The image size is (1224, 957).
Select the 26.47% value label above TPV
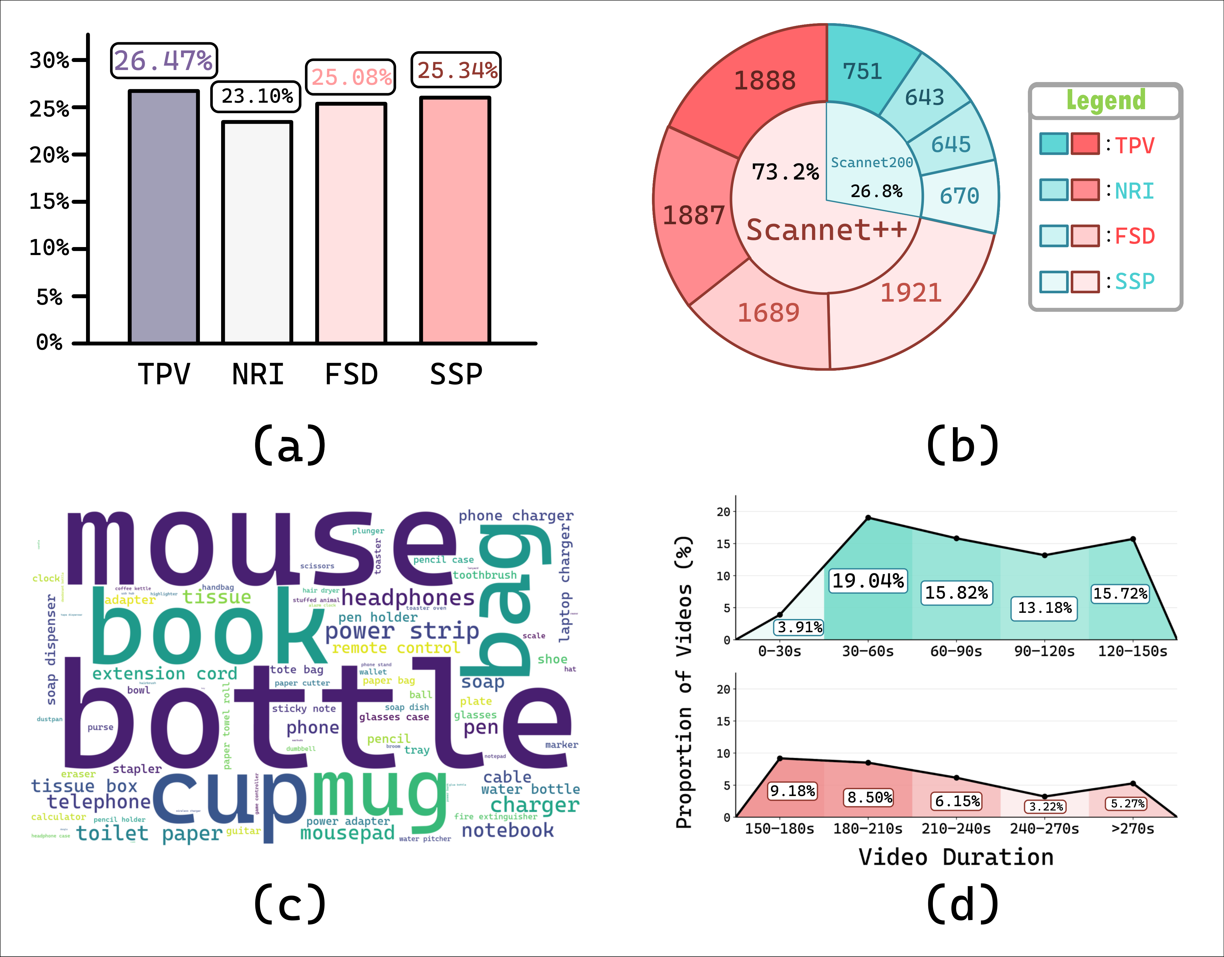click(164, 60)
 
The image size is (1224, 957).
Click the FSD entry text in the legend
click(1134, 236)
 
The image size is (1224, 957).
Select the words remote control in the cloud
click(396, 648)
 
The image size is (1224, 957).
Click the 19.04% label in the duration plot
click(868, 581)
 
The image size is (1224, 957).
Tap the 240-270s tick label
click(1044, 829)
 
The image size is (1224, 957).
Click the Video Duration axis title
click(956, 857)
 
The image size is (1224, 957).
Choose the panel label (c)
click(290, 904)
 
